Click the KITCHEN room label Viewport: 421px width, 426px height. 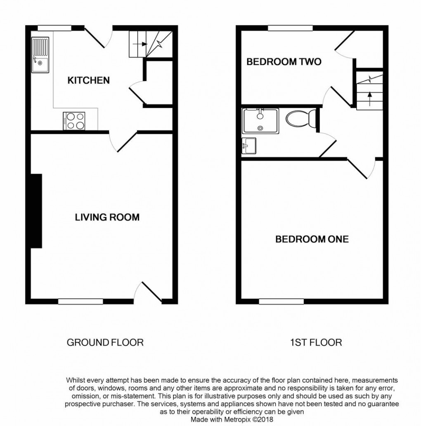pos(88,80)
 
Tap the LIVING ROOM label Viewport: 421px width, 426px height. pos(107,217)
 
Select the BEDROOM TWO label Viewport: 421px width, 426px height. pos(284,62)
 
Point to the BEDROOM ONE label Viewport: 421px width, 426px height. pos(312,239)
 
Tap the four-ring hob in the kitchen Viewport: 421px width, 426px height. pos(74,121)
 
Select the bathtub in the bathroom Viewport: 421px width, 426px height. pos(260,121)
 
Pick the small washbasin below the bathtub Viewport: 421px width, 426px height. pos(249,146)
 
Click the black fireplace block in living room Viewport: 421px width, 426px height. pos(36,211)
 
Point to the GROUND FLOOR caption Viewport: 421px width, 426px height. pos(105,342)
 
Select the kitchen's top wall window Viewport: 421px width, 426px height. pos(54,28)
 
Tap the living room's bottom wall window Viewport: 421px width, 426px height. pos(80,301)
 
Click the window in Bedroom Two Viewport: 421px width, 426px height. pos(290,28)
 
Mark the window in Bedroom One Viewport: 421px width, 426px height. pos(281,301)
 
